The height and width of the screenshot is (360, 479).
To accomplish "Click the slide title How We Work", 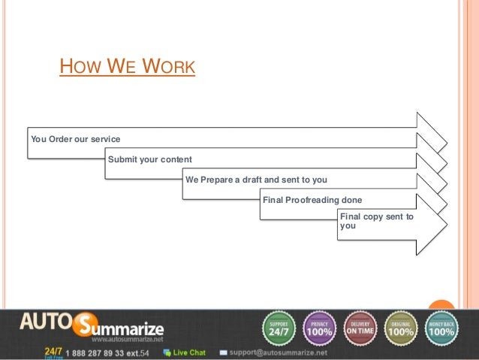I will coord(127,68).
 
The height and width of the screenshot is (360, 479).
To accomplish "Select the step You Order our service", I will coord(74,140).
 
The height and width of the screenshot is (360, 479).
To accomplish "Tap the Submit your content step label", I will coord(150,159).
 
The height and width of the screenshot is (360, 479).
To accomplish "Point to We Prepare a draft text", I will coord(255,180).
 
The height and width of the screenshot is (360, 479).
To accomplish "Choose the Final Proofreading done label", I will coord(312,200).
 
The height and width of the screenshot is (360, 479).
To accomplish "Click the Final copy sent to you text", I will coord(376,220).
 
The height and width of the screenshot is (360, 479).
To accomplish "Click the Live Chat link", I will coord(188,352).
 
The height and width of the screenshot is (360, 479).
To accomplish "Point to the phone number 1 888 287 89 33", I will coord(102,352).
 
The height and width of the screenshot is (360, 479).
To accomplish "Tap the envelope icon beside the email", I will coord(223,352).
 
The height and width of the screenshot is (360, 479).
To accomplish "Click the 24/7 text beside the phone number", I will coord(53,350).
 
